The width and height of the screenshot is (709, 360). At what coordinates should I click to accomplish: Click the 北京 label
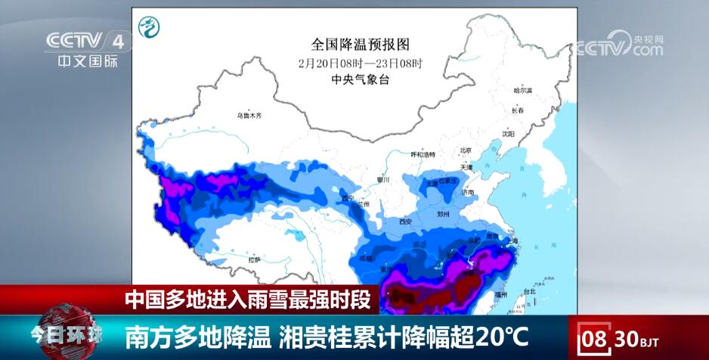pos(466,150)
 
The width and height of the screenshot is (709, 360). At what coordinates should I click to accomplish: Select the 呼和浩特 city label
pos(423,154)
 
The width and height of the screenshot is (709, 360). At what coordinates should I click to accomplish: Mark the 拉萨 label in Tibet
pos(254,259)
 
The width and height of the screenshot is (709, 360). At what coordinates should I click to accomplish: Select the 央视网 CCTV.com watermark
pos(619,45)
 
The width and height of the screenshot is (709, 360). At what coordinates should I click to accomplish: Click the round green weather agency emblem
pos(149,27)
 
